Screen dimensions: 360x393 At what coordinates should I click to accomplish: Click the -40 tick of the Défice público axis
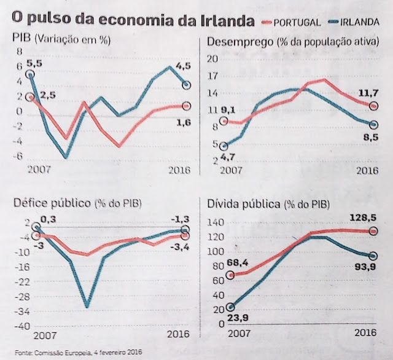21,325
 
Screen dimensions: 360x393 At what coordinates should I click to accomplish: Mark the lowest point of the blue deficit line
87,306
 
